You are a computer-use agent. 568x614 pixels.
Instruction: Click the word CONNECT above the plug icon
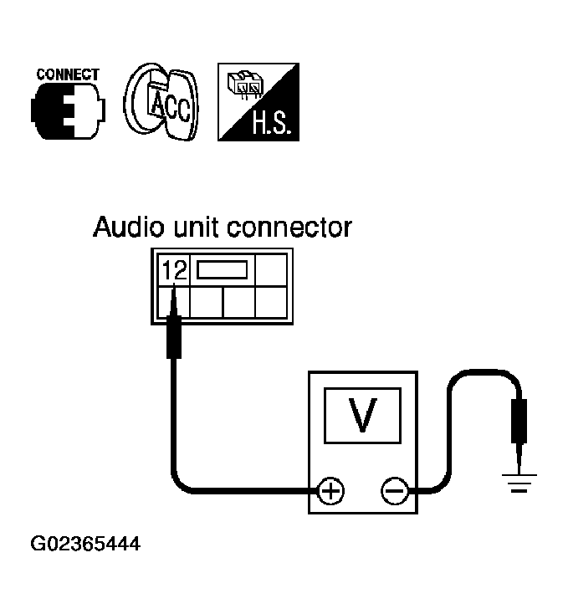pos(68,74)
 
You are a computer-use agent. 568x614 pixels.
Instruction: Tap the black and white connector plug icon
pos(68,111)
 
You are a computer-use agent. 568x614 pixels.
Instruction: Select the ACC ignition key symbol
pos(161,101)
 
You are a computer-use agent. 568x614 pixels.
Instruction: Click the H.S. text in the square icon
pos(273,123)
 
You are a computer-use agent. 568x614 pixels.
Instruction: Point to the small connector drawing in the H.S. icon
pos(245,84)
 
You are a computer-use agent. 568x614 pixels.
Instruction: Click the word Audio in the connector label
pos(128,227)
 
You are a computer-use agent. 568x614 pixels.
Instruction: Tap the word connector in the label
pos(289,228)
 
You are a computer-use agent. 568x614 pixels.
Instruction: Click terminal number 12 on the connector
pos(175,270)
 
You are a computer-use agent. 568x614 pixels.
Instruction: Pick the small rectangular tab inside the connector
pos(223,270)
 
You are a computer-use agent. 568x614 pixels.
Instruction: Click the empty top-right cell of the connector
pos(271,270)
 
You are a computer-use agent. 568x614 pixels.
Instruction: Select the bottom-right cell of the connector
pos(271,302)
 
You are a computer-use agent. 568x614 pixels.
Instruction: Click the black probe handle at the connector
pos(174,337)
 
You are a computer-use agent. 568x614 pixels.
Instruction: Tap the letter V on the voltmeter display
pos(362,415)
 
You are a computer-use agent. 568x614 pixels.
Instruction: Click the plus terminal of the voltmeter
pos(330,490)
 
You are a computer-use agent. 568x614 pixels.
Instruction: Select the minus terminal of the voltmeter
pos(395,490)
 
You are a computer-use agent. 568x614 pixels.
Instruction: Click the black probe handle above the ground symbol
pos(519,422)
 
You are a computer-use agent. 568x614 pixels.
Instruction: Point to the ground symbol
pos(519,483)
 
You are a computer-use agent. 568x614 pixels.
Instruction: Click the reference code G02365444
pos(85,544)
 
